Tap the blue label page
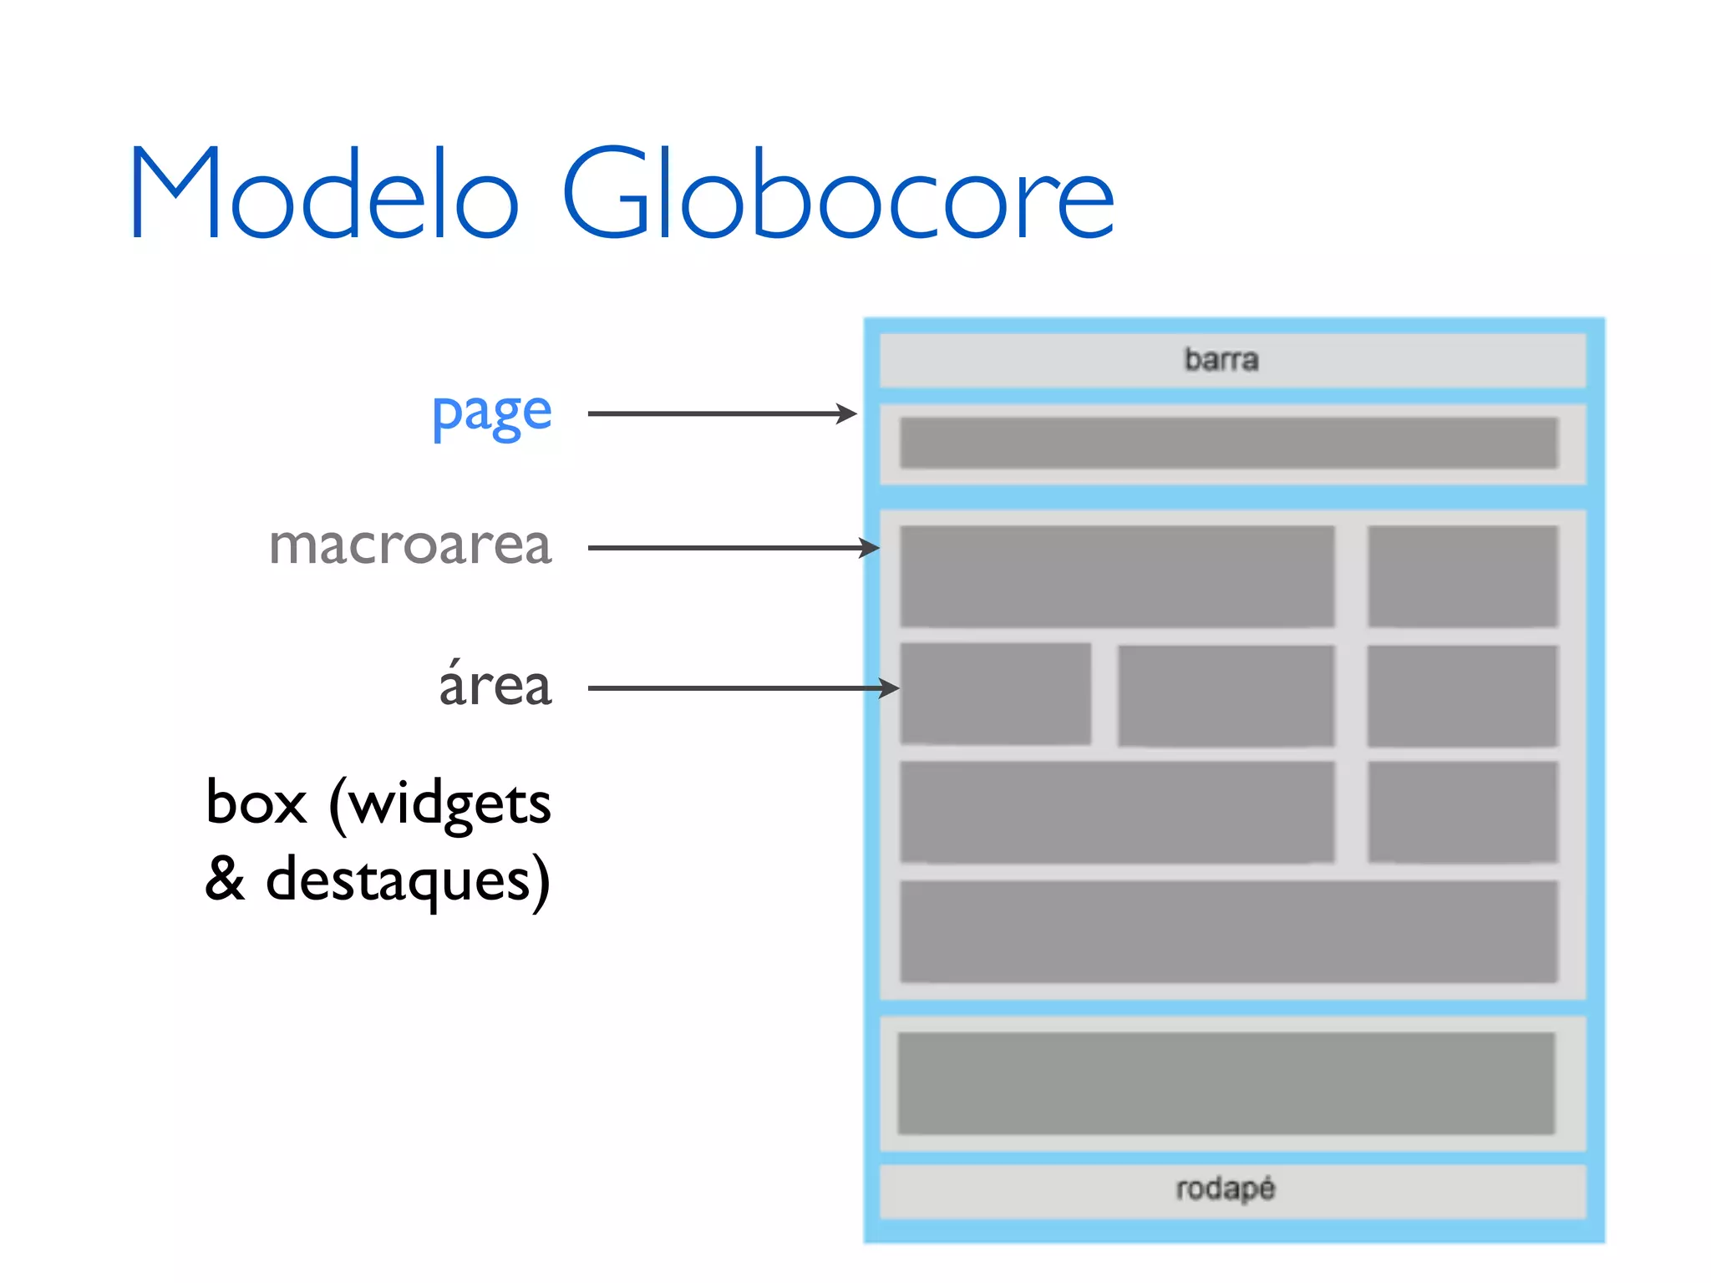tap(491, 413)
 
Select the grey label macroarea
tap(410, 546)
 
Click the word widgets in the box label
tap(449, 804)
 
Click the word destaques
tap(408, 880)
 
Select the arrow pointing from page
tap(722, 413)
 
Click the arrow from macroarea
tap(733, 548)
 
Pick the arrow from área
tap(743, 688)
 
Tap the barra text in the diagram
tap(1221, 360)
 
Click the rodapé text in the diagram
tap(1225, 1189)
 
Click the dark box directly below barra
tap(1228, 443)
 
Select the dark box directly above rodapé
tap(1226, 1083)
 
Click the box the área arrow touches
tap(995, 693)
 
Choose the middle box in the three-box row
tap(1226, 695)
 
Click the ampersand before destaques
tap(226, 879)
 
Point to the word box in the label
tap(256, 804)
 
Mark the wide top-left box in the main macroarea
tap(1116, 576)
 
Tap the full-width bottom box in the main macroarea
tap(1228, 931)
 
